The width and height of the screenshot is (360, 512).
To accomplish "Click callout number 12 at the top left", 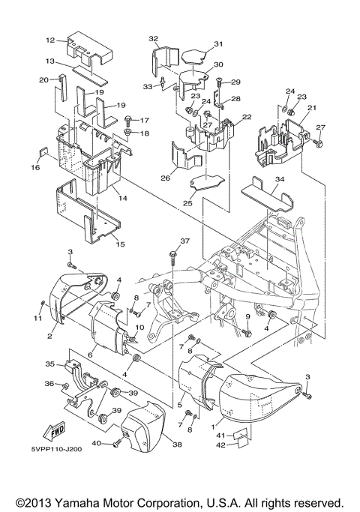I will (x=50, y=40).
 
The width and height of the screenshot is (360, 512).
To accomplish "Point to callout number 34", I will (x=259, y=180).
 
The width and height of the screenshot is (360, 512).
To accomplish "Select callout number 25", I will (x=187, y=203).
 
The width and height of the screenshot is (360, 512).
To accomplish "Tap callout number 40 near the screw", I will (x=97, y=444).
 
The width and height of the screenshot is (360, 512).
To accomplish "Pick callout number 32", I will (x=153, y=39).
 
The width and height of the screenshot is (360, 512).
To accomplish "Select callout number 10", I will (x=139, y=328).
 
